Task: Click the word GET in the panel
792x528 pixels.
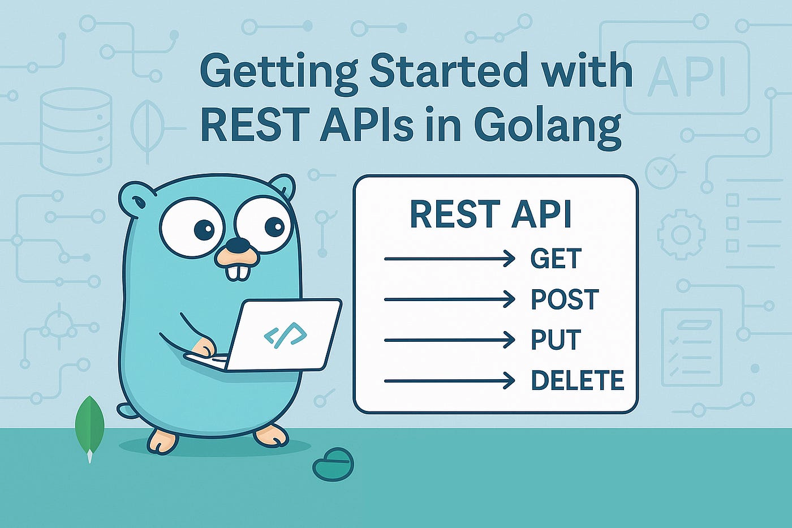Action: [556, 259]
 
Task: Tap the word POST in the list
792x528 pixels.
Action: [564, 299]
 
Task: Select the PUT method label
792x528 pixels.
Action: [556, 340]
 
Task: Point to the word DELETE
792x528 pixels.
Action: [577, 380]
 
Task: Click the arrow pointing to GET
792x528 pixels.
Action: [449, 259]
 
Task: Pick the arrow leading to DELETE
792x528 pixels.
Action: [449, 381]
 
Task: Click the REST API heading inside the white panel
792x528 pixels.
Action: [490, 214]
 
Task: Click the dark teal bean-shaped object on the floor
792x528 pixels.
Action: [333, 464]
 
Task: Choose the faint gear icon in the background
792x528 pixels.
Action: [681, 234]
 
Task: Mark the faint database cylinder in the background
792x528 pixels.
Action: [76, 131]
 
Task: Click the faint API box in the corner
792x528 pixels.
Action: [686, 77]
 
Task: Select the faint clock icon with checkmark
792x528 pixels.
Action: [661, 171]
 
